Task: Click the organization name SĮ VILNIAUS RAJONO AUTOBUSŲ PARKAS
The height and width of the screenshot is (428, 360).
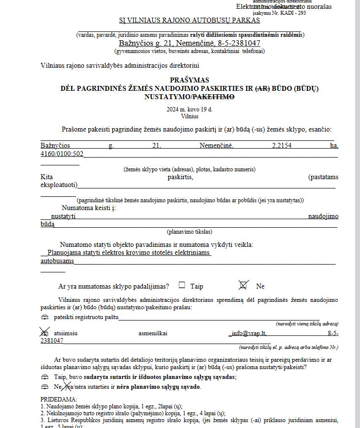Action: point(190,20)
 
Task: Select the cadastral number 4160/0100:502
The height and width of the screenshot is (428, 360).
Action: point(62,154)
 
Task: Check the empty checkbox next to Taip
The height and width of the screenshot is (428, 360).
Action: point(182,285)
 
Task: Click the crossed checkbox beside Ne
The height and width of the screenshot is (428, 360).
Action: point(243,285)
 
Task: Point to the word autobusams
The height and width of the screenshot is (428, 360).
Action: point(57,261)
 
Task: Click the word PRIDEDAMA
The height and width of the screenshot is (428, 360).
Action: point(58,400)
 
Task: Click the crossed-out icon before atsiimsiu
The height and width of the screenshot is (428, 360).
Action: point(45,333)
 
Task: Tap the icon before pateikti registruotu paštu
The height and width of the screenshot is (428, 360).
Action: point(45,318)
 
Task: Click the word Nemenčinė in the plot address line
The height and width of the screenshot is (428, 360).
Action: point(217,146)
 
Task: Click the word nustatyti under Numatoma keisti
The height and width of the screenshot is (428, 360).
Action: point(63,216)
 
